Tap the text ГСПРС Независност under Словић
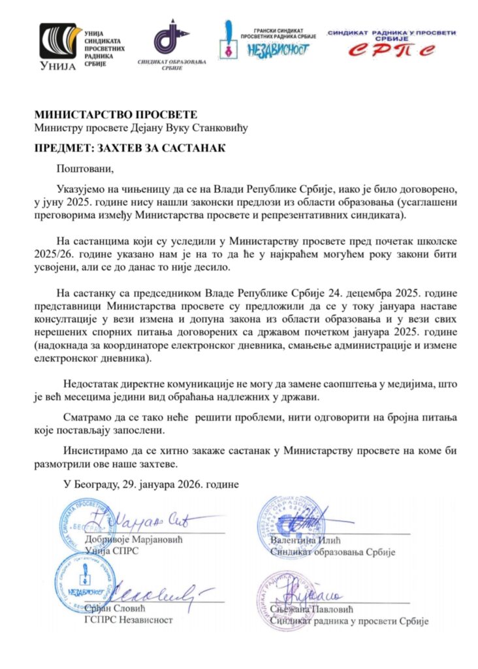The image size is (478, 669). point(129,619)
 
